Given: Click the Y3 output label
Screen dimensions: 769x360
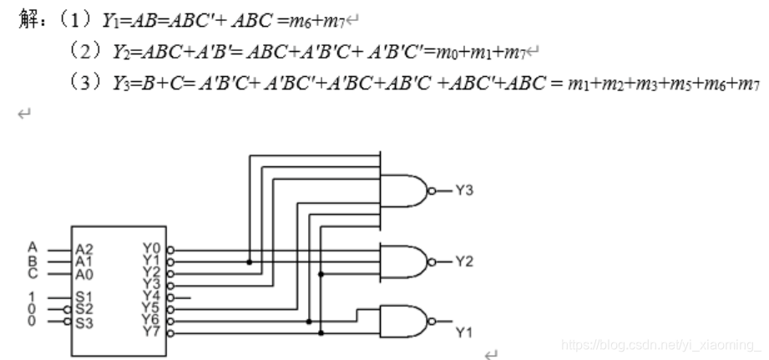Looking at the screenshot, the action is point(464,190).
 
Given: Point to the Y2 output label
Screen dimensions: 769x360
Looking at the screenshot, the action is point(464,261).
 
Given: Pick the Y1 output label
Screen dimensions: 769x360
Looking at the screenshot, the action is point(464,332).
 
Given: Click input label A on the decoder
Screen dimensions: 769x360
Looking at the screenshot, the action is point(33,247).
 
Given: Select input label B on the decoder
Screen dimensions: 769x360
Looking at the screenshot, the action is point(33,258).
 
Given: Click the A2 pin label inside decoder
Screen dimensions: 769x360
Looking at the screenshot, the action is point(84,249).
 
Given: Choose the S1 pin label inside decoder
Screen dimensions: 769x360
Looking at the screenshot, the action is point(83,297).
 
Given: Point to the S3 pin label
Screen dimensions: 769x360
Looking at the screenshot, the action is point(83,322).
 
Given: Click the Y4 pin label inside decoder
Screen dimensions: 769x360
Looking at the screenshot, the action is point(152,297).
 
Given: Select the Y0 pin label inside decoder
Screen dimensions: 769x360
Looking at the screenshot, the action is point(152,248).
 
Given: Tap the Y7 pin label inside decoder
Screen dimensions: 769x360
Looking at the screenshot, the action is point(152,332).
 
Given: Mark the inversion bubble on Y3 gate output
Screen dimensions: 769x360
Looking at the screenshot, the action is point(431,190).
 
